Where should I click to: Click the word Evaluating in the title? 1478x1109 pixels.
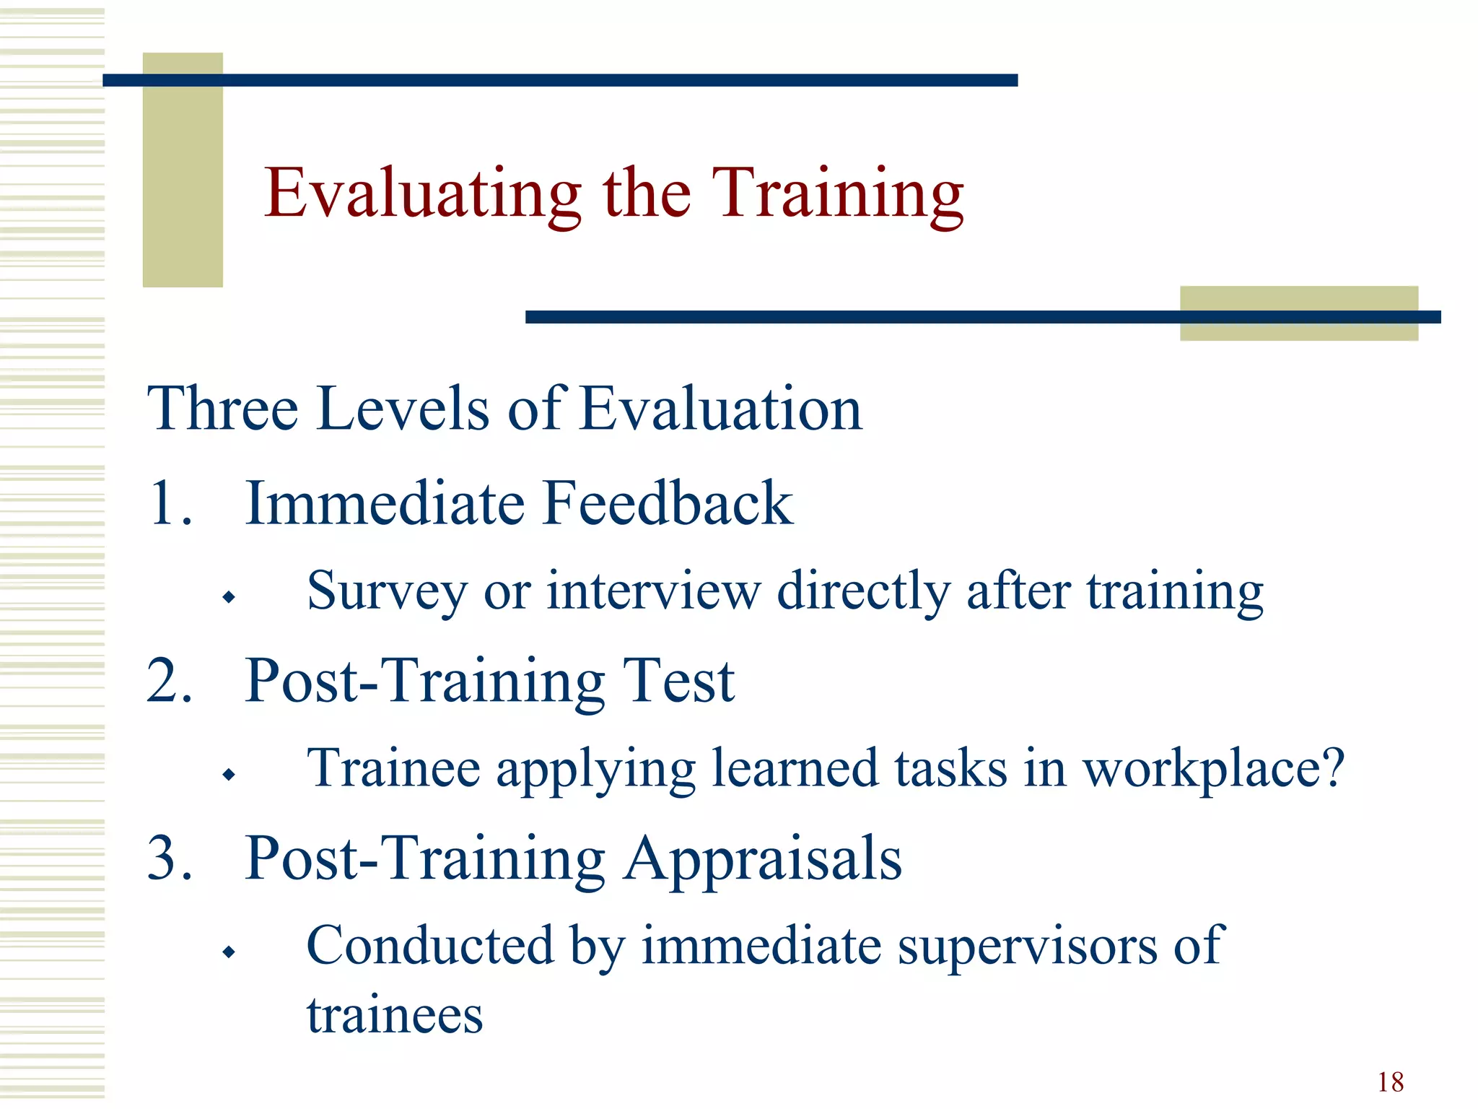click(x=422, y=193)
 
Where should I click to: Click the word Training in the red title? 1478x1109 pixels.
click(x=837, y=193)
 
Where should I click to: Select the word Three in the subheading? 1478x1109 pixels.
click(x=222, y=409)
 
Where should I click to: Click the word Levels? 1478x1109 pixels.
click(x=403, y=409)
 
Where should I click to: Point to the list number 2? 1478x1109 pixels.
click(x=169, y=680)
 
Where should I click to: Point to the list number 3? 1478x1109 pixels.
click(x=169, y=858)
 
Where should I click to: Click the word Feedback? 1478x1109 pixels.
click(x=668, y=503)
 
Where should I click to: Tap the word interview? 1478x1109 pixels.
click(x=653, y=591)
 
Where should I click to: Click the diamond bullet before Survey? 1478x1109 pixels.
click(x=229, y=597)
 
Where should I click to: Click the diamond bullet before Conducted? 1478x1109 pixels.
click(x=229, y=952)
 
